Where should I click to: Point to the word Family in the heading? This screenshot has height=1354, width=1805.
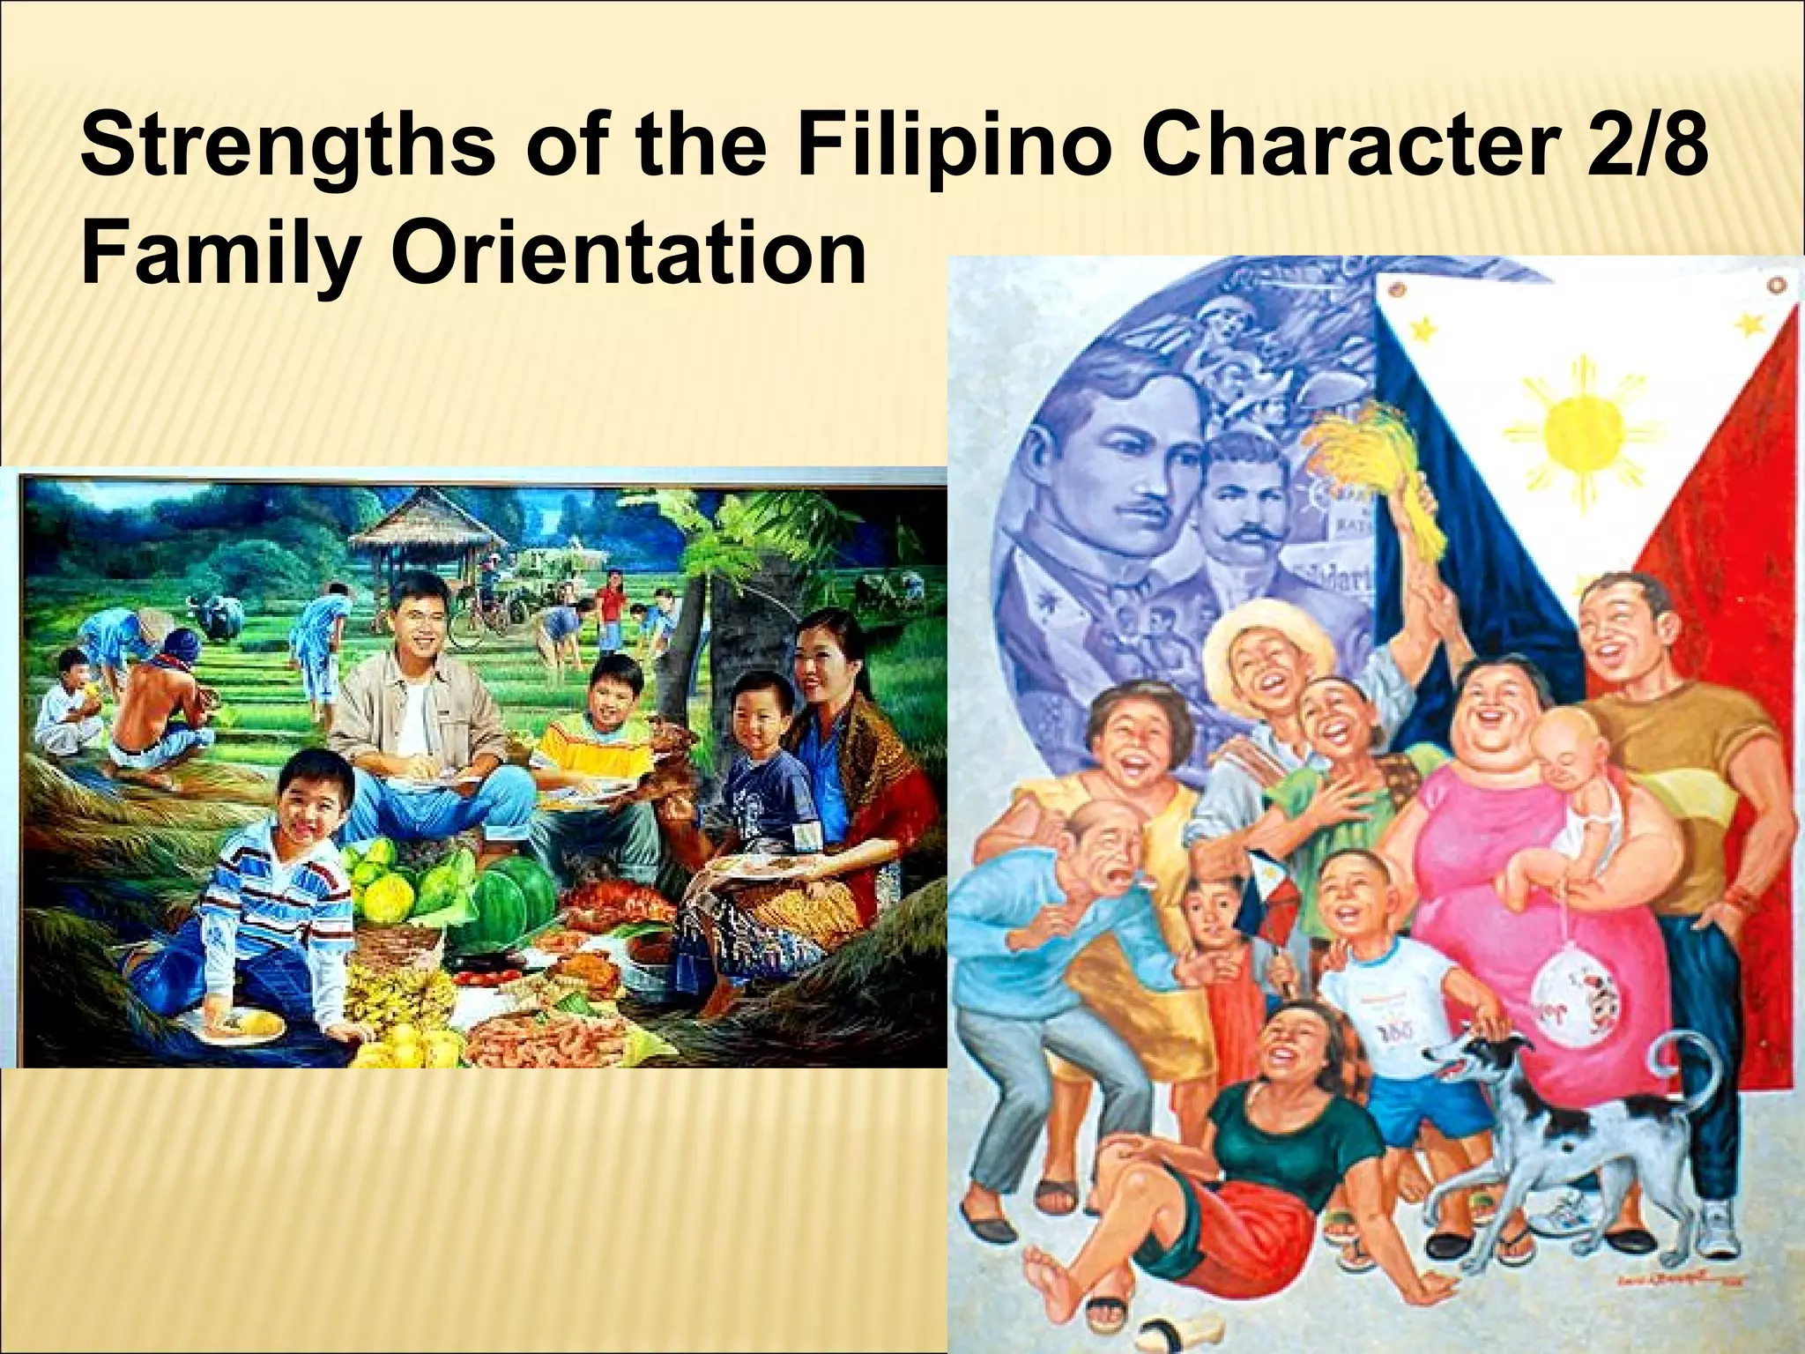[219, 256]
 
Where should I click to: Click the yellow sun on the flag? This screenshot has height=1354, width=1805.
[1578, 430]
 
